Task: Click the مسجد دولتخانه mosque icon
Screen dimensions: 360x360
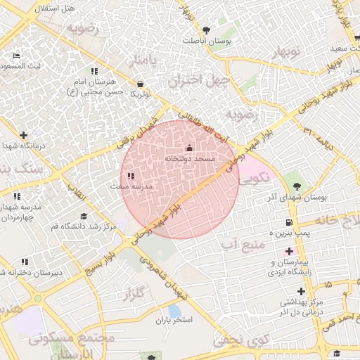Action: (x=188, y=148)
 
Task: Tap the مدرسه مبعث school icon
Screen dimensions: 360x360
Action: (x=131, y=176)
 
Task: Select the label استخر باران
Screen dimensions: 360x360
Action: (x=174, y=320)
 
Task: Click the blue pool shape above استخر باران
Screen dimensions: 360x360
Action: (x=174, y=310)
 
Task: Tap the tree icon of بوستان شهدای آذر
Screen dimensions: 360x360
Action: (x=297, y=186)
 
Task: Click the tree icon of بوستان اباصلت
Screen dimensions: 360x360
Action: (x=206, y=30)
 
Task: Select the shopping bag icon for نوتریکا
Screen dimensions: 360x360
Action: (x=141, y=83)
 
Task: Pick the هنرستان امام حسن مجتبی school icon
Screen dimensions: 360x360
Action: (x=94, y=71)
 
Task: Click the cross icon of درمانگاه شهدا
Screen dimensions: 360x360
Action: (x=24, y=135)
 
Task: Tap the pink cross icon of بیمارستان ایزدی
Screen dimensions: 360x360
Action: (x=289, y=250)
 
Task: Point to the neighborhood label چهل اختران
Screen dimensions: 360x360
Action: (x=199, y=80)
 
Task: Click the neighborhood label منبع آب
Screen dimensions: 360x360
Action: (x=243, y=244)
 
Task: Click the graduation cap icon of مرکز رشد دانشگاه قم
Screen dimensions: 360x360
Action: (x=84, y=216)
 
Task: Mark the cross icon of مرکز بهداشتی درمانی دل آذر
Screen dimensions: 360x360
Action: (x=301, y=290)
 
